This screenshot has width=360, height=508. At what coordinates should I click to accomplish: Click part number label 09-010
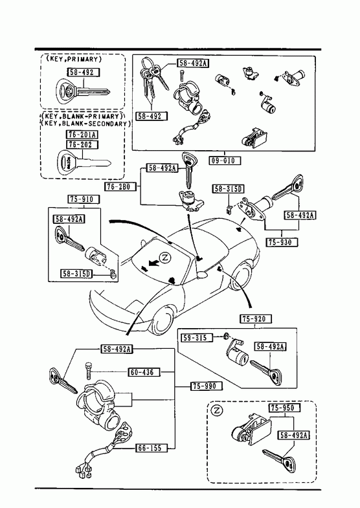coord(224,160)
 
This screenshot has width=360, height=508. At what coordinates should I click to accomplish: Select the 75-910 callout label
coord(84,199)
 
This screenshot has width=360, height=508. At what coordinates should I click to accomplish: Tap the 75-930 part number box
coord(281,242)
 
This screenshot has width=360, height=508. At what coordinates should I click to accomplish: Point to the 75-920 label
coord(256,319)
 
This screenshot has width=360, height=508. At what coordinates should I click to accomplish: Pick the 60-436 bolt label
coord(144,372)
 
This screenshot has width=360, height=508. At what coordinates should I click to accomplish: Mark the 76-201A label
coord(83,135)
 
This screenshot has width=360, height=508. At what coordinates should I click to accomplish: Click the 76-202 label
coord(83,144)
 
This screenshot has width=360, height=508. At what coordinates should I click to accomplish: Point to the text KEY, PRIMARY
coord(74,59)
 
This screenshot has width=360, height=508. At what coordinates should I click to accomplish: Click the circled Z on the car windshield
coord(165,258)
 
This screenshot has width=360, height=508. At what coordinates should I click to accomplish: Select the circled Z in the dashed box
coord(217,410)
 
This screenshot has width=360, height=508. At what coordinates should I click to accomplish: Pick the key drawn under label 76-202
coord(84,161)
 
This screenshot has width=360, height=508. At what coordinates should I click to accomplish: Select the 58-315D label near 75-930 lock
coord(229,189)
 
